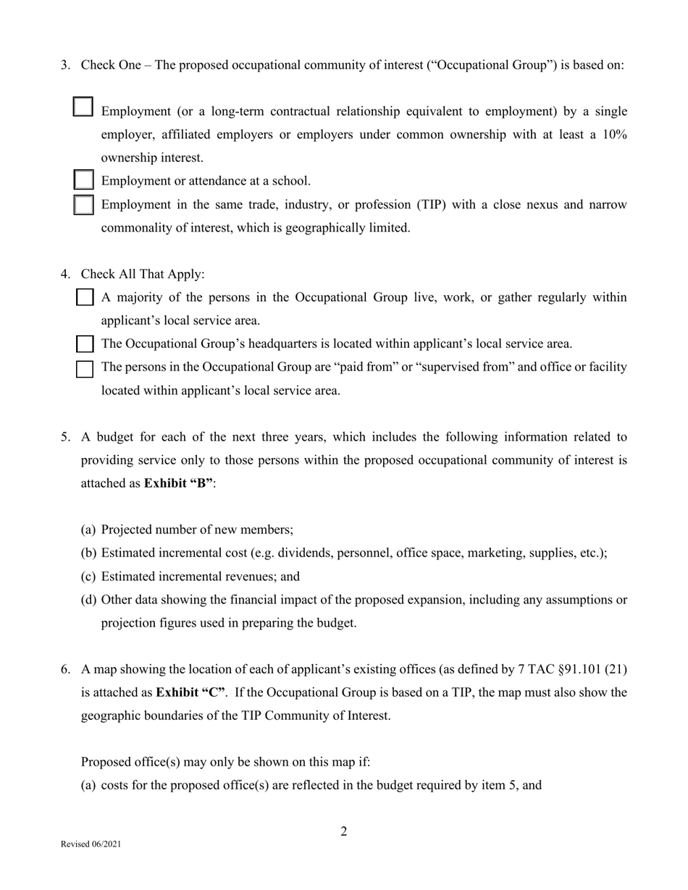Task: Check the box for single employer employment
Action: [83, 107]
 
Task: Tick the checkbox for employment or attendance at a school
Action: [84, 179]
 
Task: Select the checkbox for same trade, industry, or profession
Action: [84, 205]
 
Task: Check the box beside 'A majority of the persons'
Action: [85, 297]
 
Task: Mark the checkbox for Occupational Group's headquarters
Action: [85, 344]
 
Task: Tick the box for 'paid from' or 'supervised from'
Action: [85, 369]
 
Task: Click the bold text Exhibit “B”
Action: [179, 483]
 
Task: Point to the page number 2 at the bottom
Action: [344, 831]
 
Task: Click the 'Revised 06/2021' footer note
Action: [91, 844]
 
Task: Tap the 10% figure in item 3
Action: [614, 135]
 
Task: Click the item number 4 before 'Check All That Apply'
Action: [65, 274]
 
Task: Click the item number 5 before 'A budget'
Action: [65, 437]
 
